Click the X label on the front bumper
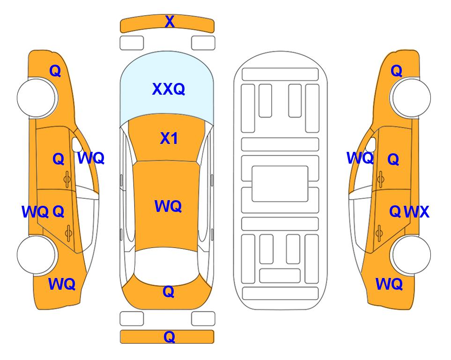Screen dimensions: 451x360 170,22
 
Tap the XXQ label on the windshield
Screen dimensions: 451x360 169,89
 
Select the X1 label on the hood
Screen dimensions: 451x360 169,138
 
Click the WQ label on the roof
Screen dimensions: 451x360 168,206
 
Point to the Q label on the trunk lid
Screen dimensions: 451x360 169,292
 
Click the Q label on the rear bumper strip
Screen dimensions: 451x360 169,337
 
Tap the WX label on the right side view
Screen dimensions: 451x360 417,212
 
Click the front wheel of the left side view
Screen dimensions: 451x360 37,97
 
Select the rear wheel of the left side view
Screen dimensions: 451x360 37,255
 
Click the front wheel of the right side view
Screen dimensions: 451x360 411,97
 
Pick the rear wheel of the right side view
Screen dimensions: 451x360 411,255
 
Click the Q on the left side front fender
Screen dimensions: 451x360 55,71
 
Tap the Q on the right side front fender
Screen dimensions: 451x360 396,71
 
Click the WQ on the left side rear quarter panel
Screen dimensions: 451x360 62,284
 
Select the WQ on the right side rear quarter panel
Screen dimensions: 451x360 389,284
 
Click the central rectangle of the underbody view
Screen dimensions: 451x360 280,184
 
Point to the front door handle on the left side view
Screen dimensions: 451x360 67,179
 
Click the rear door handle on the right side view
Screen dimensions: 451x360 379,233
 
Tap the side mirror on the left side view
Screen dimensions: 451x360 76,144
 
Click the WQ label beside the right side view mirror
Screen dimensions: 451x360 360,158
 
